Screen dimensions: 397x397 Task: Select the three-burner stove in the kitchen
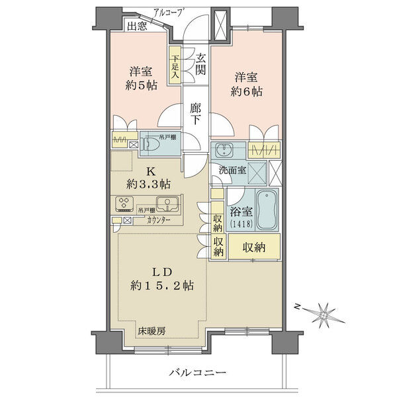click(124, 204)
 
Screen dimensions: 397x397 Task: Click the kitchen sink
click(167, 204)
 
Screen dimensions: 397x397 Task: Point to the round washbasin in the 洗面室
click(224, 150)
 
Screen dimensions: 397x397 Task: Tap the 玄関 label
click(200, 64)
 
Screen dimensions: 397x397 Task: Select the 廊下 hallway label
click(196, 114)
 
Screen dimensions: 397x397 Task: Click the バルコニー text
click(198, 373)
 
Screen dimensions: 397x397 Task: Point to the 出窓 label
click(137, 26)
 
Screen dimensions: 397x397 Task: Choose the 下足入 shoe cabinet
click(175, 65)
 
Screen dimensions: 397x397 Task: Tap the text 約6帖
click(246, 91)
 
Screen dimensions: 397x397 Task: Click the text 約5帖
click(142, 85)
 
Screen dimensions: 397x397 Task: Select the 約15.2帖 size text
click(162, 286)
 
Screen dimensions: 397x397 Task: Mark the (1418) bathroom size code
click(242, 224)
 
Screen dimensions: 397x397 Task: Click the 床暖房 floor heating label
click(152, 330)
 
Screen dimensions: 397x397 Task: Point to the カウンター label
click(159, 220)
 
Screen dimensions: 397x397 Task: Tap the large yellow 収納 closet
click(254, 247)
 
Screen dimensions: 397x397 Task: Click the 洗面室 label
click(232, 171)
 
